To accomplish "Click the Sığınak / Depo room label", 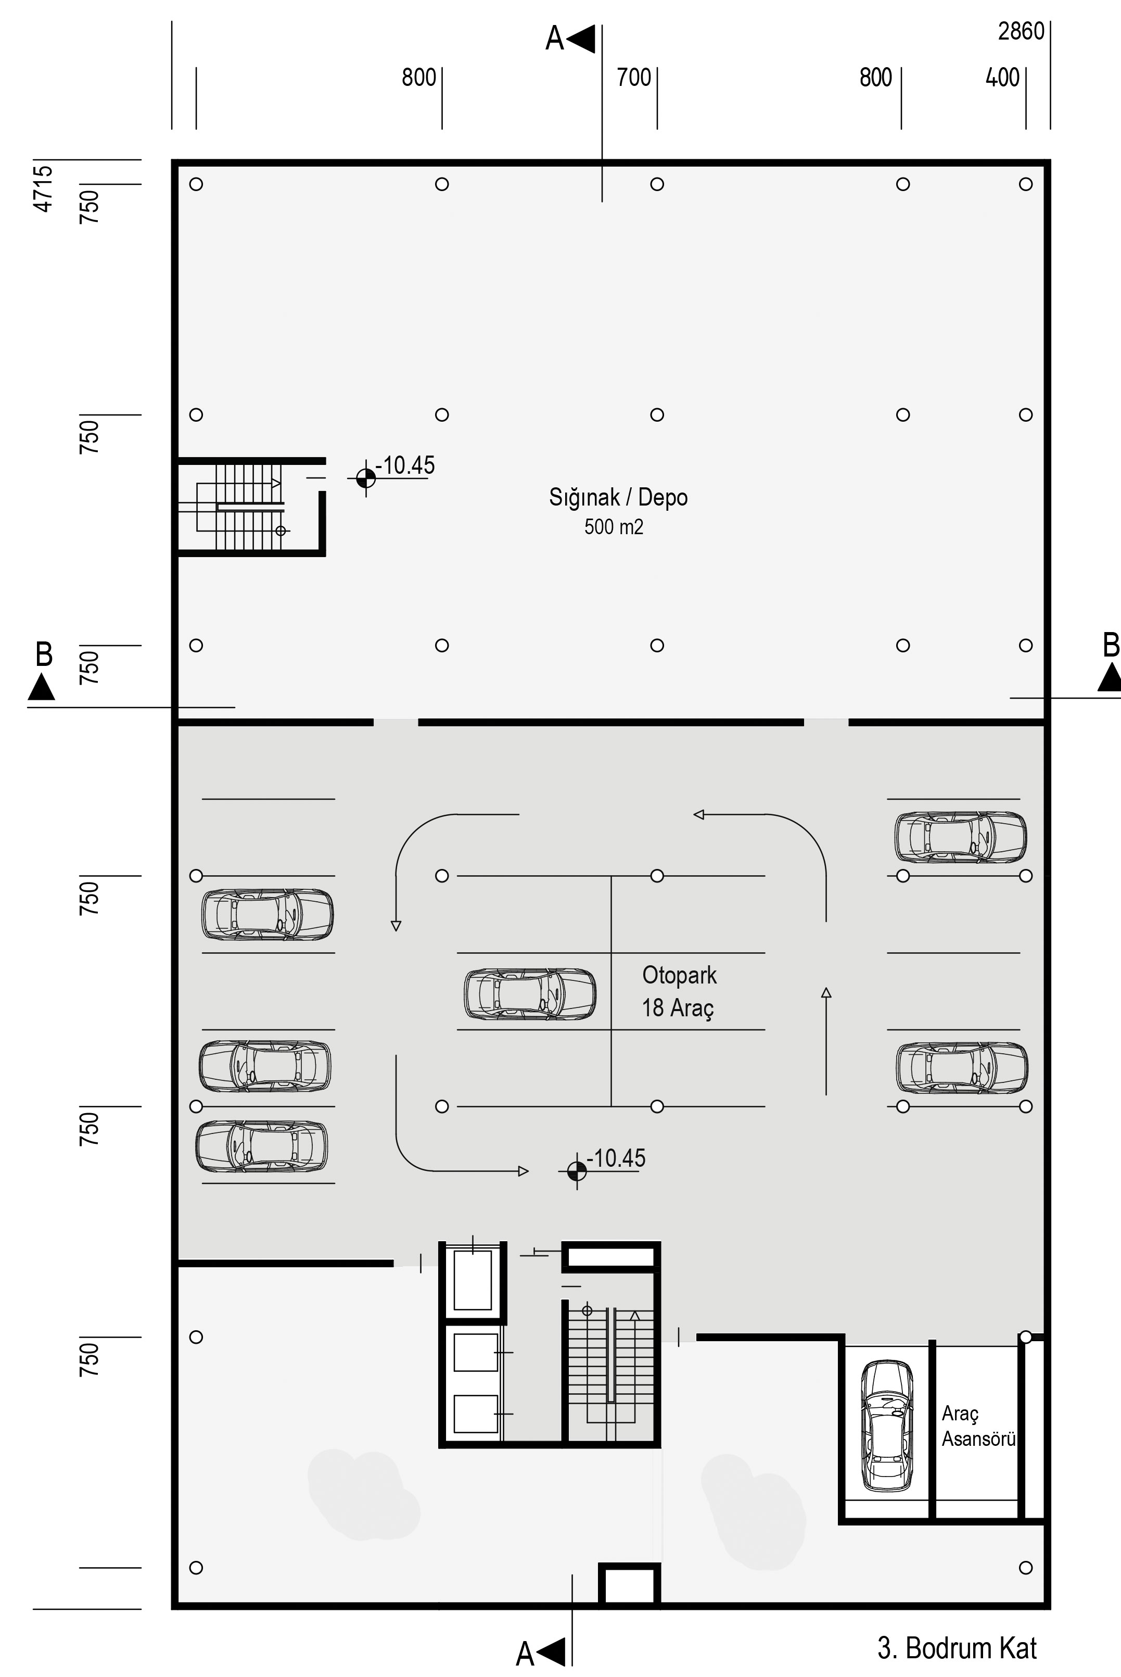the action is pos(618,498).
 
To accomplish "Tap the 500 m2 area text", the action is pos(614,527).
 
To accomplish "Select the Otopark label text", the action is pos(679,975).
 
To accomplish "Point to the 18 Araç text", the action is pos(678,1007).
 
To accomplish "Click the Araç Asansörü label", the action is pos(978,1426).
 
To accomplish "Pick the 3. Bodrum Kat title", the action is pos(957,1648).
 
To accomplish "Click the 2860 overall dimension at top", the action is pos(1021,31).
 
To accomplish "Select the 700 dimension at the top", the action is pos(634,77).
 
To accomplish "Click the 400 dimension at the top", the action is pos(1002,77).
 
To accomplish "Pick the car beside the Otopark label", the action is pos(530,994).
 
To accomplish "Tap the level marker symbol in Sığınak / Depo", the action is pos(365,478).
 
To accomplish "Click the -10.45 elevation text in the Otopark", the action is pos(616,1158).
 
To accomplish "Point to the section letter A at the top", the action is pos(554,39).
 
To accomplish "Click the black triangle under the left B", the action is pos(42,687).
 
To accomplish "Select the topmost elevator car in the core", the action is pos(473,1279).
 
